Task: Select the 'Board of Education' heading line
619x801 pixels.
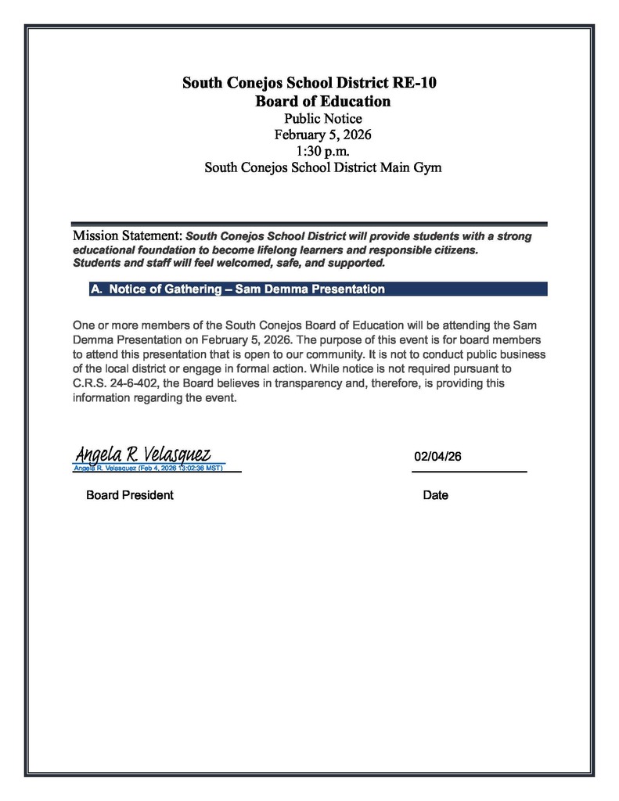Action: tap(322, 101)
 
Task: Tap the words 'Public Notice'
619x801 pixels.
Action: tap(322, 119)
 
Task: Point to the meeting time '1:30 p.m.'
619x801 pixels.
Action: tap(322, 150)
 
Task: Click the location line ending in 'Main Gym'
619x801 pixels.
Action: tap(322, 167)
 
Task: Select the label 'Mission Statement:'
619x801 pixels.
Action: tap(128, 235)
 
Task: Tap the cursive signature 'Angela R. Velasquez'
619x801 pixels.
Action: tap(142, 453)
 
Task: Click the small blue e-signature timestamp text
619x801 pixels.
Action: tap(149, 468)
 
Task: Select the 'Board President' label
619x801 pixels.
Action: tap(130, 495)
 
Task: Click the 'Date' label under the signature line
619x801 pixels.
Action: tap(435, 495)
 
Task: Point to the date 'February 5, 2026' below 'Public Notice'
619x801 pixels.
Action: tap(322, 135)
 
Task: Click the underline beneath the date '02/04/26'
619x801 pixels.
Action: tap(469, 472)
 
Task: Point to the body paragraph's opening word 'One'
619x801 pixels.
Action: tap(84, 324)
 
